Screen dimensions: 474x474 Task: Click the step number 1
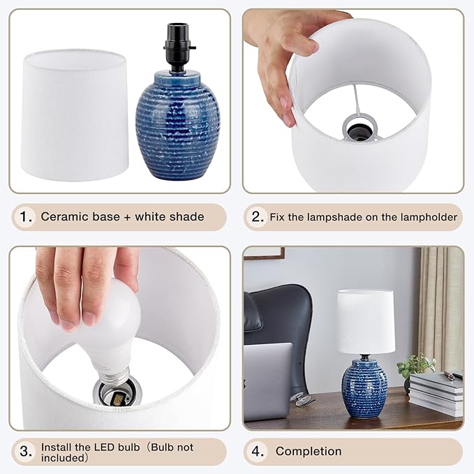click(26, 216)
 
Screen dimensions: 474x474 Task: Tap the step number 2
click(256, 217)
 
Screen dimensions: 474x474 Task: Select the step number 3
click(25, 452)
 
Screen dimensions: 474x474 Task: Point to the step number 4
click(258, 452)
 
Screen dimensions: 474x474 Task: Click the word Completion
click(309, 452)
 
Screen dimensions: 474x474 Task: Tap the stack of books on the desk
click(435, 394)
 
